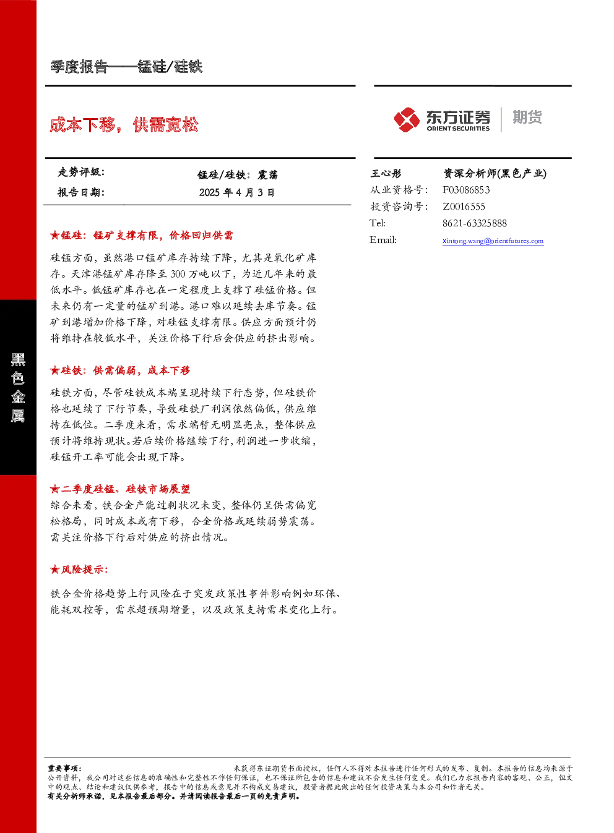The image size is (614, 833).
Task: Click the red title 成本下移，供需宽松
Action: [x=124, y=124]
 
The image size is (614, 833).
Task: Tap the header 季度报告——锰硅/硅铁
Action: [x=126, y=67]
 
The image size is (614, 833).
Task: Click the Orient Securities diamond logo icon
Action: [x=407, y=119]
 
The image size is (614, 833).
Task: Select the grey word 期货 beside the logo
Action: [x=527, y=117]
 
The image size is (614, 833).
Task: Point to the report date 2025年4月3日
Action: [x=236, y=192]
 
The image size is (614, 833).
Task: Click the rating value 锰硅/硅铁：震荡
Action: [x=238, y=174]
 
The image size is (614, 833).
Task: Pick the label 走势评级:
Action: [x=81, y=172]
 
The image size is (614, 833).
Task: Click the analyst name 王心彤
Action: [x=386, y=173]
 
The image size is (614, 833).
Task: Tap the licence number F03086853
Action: [x=466, y=190]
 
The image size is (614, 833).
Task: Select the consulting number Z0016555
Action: [x=464, y=207]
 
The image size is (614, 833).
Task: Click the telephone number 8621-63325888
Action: [x=475, y=223]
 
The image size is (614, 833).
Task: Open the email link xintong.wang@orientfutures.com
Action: [x=493, y=241]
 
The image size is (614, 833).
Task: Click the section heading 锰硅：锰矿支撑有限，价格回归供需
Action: [x=142, y=235]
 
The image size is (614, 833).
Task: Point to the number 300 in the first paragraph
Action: [x=178, y=274]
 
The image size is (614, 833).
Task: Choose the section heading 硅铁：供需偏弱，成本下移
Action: [x=120, y=370]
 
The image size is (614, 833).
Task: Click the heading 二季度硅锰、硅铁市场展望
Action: [x=120, y=489]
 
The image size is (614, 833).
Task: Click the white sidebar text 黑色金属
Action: [x=18, y=388]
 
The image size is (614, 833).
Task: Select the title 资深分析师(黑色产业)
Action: [x=495, y=173]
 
